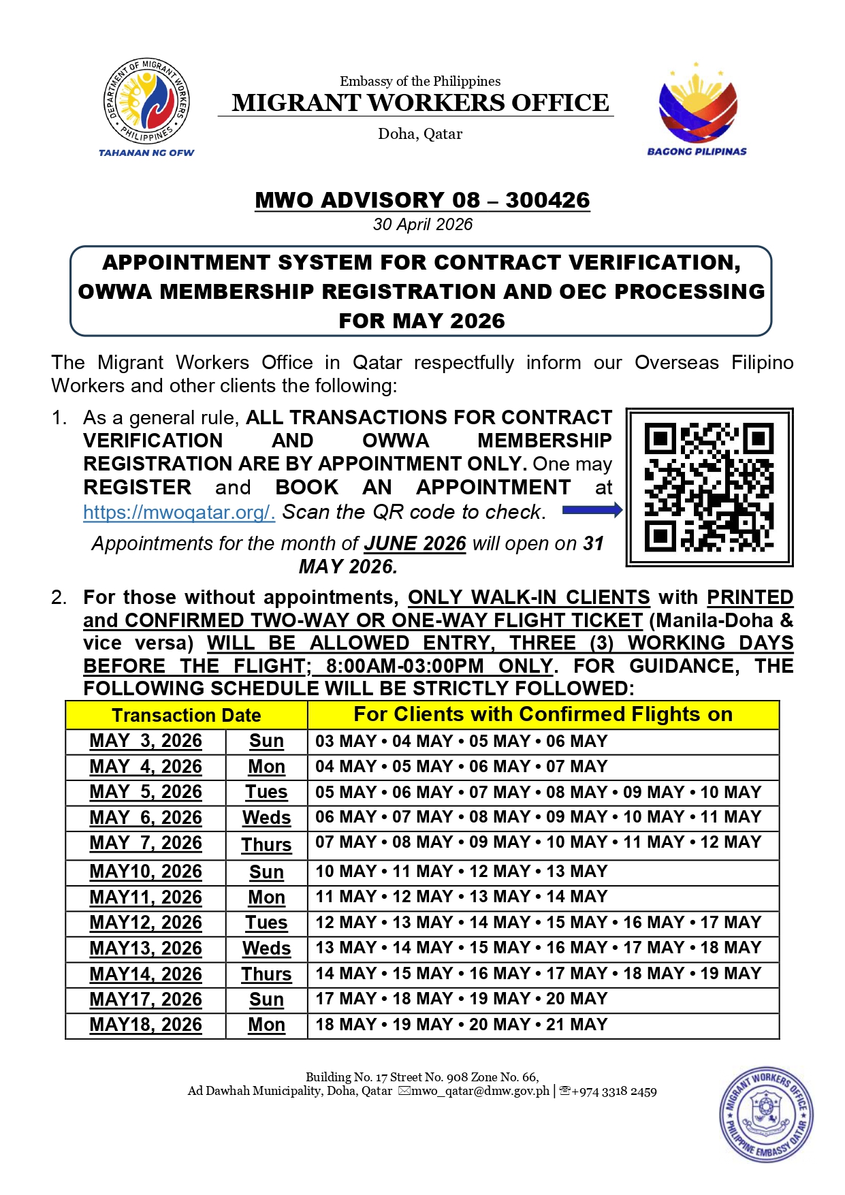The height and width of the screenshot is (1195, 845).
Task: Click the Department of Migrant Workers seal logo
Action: [x=146, y=101]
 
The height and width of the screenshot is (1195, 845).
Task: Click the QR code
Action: [x=709, y=487]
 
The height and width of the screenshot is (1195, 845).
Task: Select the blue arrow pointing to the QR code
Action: [x=592, y=510]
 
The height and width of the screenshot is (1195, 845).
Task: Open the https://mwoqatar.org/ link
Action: [x=179, y=512]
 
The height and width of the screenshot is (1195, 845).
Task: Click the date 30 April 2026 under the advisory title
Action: [x=422, y=224]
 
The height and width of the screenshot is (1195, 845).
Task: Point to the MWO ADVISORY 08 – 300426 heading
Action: [x=422, y=200]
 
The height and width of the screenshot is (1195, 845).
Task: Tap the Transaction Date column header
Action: [x=186, y=715]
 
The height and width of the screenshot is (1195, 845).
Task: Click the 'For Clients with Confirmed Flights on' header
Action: [x=543, y=714]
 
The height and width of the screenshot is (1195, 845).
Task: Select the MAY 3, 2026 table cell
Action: [x=146, y=741]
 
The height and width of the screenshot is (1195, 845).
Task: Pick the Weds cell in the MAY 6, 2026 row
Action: [x=266, y=818]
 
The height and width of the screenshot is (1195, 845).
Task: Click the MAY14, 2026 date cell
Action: [x=146, y=974]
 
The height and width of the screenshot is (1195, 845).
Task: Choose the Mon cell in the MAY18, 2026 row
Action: [x=266, y=1025]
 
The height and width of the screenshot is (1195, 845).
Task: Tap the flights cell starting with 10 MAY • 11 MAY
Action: [x=461, y=872]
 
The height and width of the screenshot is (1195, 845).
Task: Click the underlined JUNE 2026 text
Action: [x=415, y=543]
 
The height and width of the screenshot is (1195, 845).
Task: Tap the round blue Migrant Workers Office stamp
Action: [x=767, y=1114]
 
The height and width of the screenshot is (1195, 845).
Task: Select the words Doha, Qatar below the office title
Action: [x=420, y=133]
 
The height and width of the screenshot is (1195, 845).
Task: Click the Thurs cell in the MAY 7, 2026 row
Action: [x=266, y=845]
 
